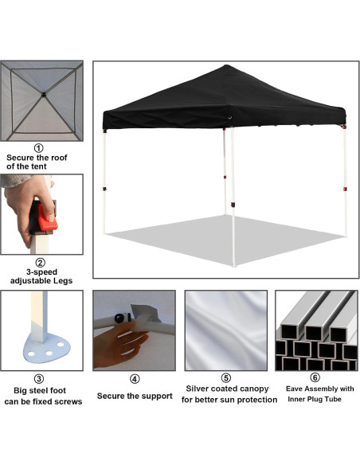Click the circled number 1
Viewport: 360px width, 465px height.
pos(38,147)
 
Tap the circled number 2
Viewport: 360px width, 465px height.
pos(41,262)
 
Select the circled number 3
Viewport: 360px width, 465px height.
pos(38,378)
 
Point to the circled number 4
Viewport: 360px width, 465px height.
pos(134,378)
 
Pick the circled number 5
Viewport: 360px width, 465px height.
pos(225,378)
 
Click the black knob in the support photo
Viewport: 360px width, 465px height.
pos(121,318)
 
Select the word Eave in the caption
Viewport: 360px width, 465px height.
pos(294,389)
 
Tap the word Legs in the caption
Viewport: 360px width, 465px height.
pos(68,280)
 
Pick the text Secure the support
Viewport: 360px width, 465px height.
pos(135,396)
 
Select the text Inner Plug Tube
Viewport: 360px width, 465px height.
pos(315,399)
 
